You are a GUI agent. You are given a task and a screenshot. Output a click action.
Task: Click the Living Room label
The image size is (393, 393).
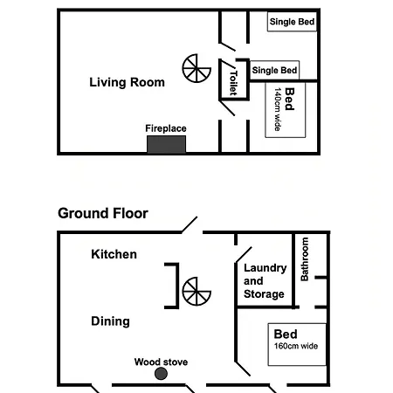click(x=127, y=82)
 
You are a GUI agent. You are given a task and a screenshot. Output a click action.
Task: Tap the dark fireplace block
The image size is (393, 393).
click(x=166, y=144)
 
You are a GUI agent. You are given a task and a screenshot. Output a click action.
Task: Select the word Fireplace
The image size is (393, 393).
click(x=166, y=128)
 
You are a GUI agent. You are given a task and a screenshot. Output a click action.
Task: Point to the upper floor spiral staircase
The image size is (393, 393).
click(x=196, y=68)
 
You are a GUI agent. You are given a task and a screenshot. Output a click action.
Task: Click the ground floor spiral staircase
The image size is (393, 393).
click(x=196, y=291)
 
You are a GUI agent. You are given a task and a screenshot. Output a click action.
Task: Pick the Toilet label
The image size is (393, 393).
click(x=233, y=83)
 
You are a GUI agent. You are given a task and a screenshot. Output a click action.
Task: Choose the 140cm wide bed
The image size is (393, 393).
click(x=286, y=110)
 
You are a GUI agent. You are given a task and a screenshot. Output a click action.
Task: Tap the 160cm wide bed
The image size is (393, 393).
click(x=297, y=344)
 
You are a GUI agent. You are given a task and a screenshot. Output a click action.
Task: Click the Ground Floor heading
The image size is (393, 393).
click(x=103, y=213)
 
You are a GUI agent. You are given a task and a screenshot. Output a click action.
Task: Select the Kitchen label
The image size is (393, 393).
click(x=114, y=254)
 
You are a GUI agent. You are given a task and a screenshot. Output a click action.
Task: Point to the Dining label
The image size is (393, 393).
click(x=110, y=321)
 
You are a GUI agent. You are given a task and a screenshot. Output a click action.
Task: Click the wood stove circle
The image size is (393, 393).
click(x=161, y=374)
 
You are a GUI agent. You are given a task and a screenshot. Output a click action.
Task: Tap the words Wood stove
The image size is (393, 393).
click(x=161, y=362)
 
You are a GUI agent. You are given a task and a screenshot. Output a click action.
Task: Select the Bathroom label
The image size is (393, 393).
click(x=305, y=259)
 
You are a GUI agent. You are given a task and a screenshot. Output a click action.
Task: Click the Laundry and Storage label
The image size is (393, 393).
click(x=265, y=281)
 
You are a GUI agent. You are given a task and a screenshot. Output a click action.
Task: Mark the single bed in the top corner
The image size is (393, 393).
click(x=292, y=22)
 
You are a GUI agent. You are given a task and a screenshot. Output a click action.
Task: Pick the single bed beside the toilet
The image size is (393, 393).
click(x=274, y=70)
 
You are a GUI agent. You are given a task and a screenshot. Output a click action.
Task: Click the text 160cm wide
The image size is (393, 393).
click(x=296, y=346)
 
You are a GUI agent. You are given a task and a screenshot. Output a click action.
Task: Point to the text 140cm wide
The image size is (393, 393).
click(x=278, y=109)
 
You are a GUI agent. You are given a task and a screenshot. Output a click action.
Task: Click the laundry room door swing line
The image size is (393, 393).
click(x=244, y=255)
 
